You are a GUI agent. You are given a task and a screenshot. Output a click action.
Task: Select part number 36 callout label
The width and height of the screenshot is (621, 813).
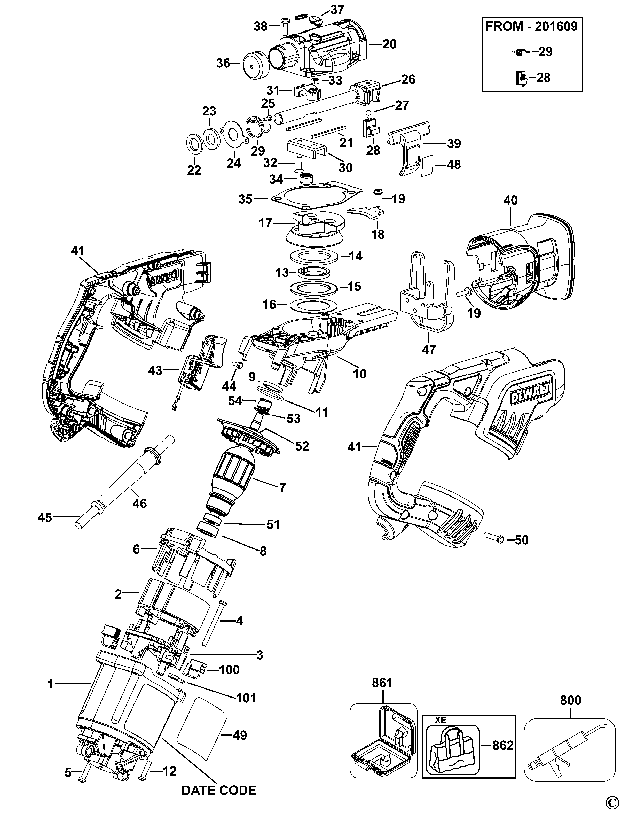(223, 63)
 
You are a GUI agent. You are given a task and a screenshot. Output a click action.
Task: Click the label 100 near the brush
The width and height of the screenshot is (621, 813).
(229, 670)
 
